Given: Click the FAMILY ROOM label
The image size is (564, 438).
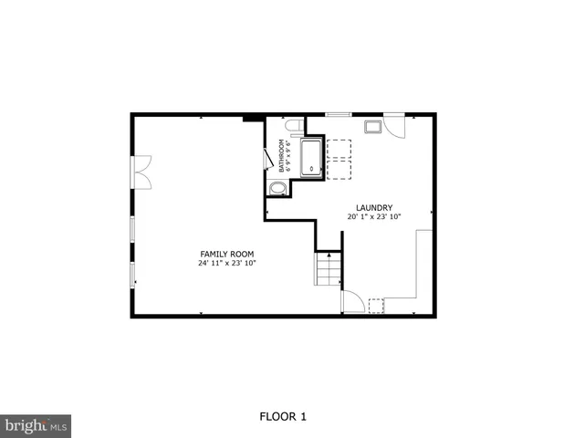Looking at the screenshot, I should pyautogui.click(x=227, y=254).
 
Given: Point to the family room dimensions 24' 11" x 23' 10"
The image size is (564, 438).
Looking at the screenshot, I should pyautogui.click(x=227, y=264).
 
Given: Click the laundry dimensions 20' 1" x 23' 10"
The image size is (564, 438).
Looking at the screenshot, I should pyautogui.click(x=373, y=217).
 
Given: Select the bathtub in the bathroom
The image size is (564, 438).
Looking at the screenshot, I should pyautogui.click(x=312, y=157).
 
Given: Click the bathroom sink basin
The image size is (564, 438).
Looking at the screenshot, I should pyautogui.click(x=278, y=189).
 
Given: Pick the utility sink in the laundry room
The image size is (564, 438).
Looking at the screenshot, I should pyautogui.click(x=374, y=127).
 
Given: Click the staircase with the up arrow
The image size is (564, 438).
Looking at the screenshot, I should pyautogui.click(x=328, y=269).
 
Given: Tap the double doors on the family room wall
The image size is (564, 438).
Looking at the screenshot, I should pyautogui.click(x=141, y=171).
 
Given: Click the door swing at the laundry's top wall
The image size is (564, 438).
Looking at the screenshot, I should pyautogui.click(x=394, y=126).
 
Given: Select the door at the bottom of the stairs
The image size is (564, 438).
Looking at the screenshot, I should pyautogui.click(x=352, y=302).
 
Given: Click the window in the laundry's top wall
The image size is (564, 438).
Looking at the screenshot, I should pyautogui.click(x=338, y=115).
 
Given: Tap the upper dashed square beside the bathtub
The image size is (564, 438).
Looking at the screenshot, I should pyautogui.click(x=339, y=149).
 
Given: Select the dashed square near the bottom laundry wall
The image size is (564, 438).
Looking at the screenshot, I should pyautogui.click(x=376, y=305).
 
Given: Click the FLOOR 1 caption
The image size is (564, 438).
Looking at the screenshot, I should pyautogui.click(x=282, y=417).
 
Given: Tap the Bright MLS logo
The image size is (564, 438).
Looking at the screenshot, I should pyautogui.click(x=36, y=425).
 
